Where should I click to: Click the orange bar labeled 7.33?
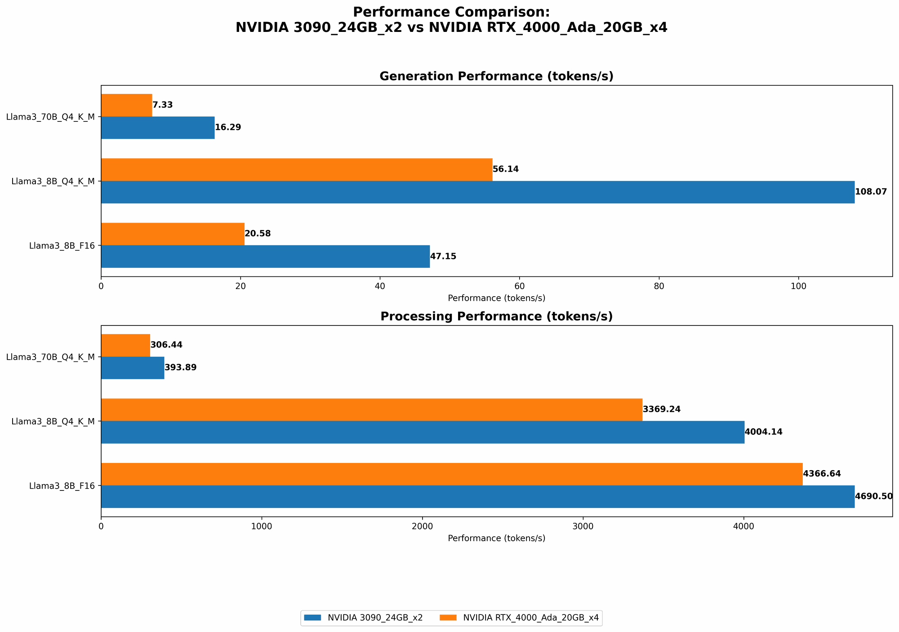(x=126, y=105)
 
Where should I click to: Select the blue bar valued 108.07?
(x=477, y=192)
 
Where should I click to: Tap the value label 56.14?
(x=506, y=169)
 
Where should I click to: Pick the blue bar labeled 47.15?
(x=265, y=257)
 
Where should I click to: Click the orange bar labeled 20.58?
(x=173, y=234)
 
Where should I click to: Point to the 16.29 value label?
(x=228, y=128)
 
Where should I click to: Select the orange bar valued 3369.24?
(x=371, y=409)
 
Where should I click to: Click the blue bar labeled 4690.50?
(x=477, y=497)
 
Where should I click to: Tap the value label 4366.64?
(x=822, y=474)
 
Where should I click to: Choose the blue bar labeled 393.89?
(x=133, y=368)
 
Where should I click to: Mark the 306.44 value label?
(x=166, y=345)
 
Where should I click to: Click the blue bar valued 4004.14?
(x=423, y=432)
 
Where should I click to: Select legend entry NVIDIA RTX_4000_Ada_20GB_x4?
(x=530, y=618)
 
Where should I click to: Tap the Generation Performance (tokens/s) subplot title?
(x=496, y=76)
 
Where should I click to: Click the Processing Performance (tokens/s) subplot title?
(x=496, y=316)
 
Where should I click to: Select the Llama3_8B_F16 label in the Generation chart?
(x=62, y=246)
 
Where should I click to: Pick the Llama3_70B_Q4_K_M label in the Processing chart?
(x=50, y=357)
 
